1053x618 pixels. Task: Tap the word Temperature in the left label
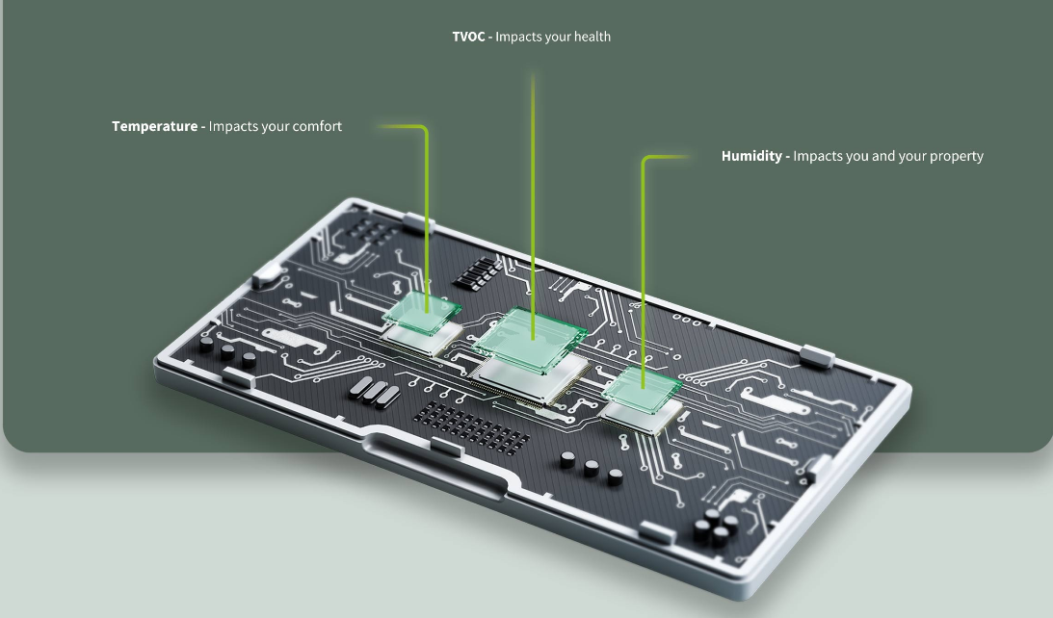154,126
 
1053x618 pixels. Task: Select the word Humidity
751,156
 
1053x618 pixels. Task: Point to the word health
590,37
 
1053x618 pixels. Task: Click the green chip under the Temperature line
422,311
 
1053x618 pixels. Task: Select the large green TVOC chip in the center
530,339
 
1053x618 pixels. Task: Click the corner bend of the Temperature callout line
424,128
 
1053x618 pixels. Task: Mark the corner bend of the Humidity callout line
645,159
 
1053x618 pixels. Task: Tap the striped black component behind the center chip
477,272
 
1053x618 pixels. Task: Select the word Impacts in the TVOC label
521,37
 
